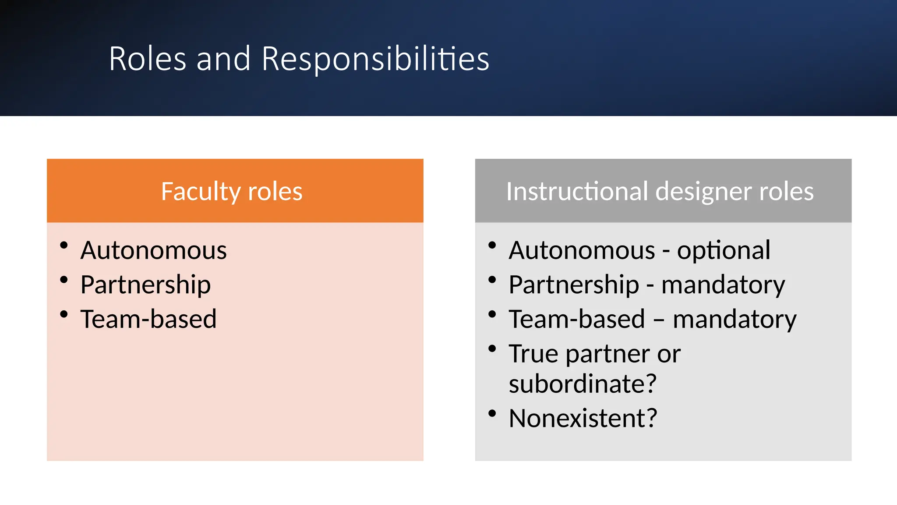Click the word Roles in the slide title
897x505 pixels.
[x=148, y=59]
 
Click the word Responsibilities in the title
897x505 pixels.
[x=375, y=59]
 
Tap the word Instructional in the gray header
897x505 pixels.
[x=577, y=192]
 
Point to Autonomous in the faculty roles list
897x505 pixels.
[x=153, y=250]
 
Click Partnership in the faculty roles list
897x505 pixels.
[x=145, y=285]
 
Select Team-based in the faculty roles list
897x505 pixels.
[x=148, y=319]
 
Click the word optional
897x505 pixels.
[x=724, y=250]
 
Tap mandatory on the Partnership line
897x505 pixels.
[x=723, y=285]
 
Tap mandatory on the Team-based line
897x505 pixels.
[x=735, y=319]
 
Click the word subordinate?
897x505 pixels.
[x=583, y=384]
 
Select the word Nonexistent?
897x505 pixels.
[x=583, y=418]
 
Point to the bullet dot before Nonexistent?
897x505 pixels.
[x=492, y=413]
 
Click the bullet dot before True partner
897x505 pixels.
[x=492, y=349]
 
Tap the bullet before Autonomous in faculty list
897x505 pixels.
[x=64, y=245]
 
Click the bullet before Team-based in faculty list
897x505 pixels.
[x=64, y=314]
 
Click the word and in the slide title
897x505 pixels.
[x=223, y=59]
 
